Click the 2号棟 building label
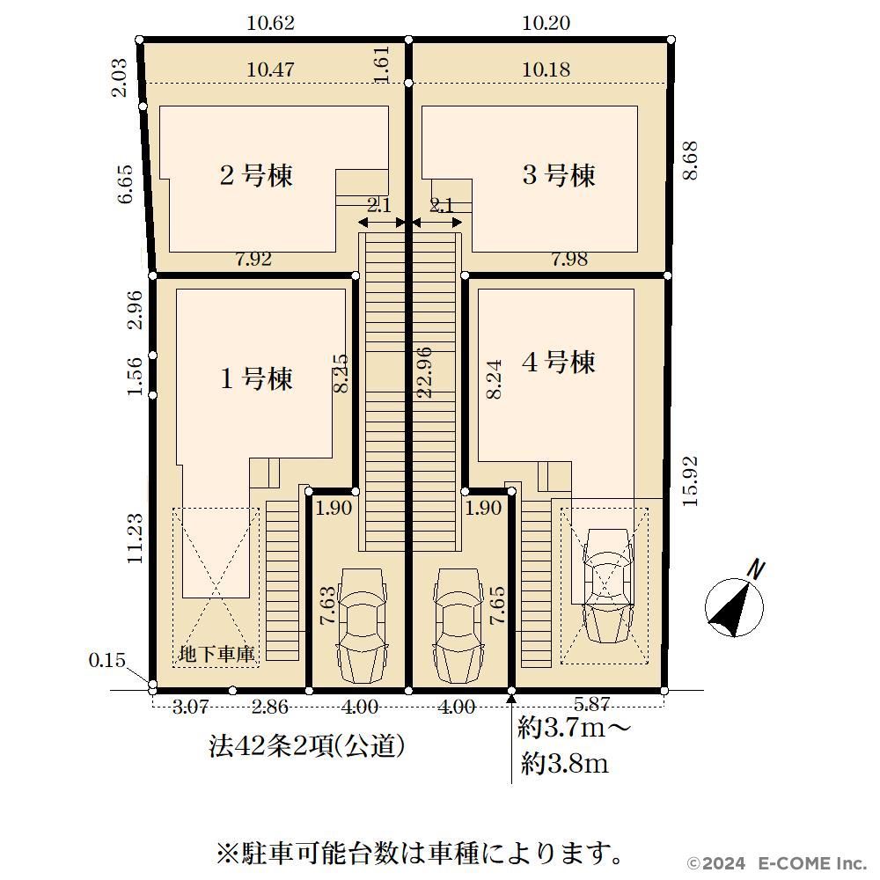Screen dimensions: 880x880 [256, 175]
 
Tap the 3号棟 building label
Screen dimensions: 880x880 [559, 175]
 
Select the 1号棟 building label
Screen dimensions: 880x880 [256, 378]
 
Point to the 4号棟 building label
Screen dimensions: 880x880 [559, 362]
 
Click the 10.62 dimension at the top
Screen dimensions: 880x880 [270, 23]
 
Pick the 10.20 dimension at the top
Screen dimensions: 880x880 [546, 23]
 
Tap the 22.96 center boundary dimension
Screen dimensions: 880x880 [425, 372]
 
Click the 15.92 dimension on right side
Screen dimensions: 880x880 [690, 481]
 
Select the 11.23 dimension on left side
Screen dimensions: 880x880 [136, 539]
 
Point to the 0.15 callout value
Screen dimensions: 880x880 [107, 660]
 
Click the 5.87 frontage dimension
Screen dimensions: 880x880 [591, 705]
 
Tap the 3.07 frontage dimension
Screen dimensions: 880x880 [191, 707]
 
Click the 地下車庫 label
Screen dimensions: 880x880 [216, 654]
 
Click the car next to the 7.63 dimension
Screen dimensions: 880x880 [362, 625]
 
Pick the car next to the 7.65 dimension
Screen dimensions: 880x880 [458, 625]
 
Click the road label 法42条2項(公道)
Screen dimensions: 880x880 [307, 746]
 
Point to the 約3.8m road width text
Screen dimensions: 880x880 [565, 763]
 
